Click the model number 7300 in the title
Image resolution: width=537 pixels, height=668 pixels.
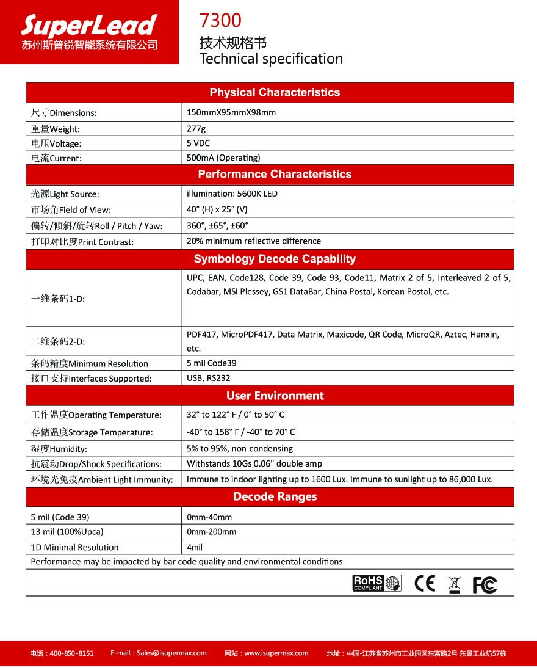(220, 21)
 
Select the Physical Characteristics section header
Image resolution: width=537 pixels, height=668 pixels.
(275, 93)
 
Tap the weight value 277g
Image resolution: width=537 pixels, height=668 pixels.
(196, 129)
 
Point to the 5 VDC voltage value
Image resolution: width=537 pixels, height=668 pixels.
(198, 143)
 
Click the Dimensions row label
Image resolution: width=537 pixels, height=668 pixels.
(64, 113)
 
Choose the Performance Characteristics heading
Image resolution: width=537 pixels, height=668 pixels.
(275, 175)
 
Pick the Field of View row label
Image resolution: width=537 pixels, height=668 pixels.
(71, 210)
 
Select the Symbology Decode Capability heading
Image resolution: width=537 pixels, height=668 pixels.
(275, 259)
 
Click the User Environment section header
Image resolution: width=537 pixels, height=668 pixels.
(275, 396)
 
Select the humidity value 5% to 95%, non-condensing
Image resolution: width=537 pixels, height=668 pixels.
(240, 448)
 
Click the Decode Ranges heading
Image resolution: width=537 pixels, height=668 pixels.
(275, 496)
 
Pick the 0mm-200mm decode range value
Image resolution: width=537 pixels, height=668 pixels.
(211, 531)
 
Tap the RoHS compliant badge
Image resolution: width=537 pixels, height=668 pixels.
(377, 583)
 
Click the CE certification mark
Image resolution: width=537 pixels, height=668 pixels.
(425, 584)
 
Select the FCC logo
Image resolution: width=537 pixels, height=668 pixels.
(485, 585)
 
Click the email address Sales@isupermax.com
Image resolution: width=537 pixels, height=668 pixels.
(159, 653)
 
